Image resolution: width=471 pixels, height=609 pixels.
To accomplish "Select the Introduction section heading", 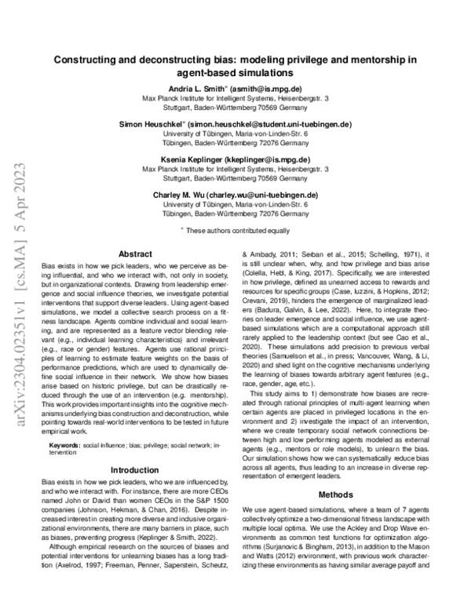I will pos(134,469).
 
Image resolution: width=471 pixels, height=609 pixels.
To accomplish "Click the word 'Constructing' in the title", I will pos(89,58).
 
